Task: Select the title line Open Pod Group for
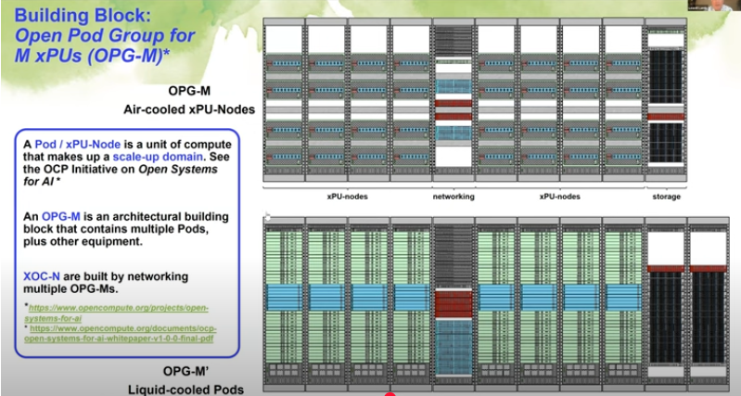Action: click(x=98, y=36)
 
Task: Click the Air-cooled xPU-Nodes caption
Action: click(x=190, y=109)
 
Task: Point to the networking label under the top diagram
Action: click(x=454, y=197)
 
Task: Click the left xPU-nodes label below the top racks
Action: click(x=349, y=197)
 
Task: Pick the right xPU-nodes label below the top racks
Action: click(x=560, y=197)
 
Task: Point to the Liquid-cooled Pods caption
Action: click(x=192, y=388)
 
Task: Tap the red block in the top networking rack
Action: click(x=454, y=105)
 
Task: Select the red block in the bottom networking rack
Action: click(x=454, y=302)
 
